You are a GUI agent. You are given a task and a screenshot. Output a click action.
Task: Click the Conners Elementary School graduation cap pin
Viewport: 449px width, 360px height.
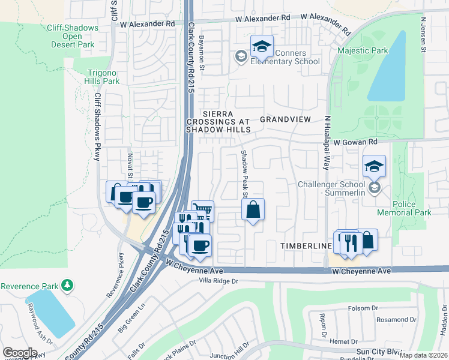coord(262,47)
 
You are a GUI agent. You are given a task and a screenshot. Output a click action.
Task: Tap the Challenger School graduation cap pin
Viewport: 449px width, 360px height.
coord(374,166)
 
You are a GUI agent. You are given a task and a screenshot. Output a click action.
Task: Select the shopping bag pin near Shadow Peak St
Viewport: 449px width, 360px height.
coord(253,211)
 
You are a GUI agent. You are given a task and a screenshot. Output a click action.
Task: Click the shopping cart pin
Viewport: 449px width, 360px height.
coord(202,211)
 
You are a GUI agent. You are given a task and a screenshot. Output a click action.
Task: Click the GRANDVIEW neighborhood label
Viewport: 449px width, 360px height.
coord(285,119)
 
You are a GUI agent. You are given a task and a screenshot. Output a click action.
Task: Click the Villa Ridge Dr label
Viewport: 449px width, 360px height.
coord(210,281)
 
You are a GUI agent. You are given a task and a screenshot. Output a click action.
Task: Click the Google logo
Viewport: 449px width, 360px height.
coord(20,352)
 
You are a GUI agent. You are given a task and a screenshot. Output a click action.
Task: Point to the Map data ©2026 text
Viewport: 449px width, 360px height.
coord(423,355)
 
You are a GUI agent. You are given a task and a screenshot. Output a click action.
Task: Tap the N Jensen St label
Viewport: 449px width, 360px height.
coord(423,34)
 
